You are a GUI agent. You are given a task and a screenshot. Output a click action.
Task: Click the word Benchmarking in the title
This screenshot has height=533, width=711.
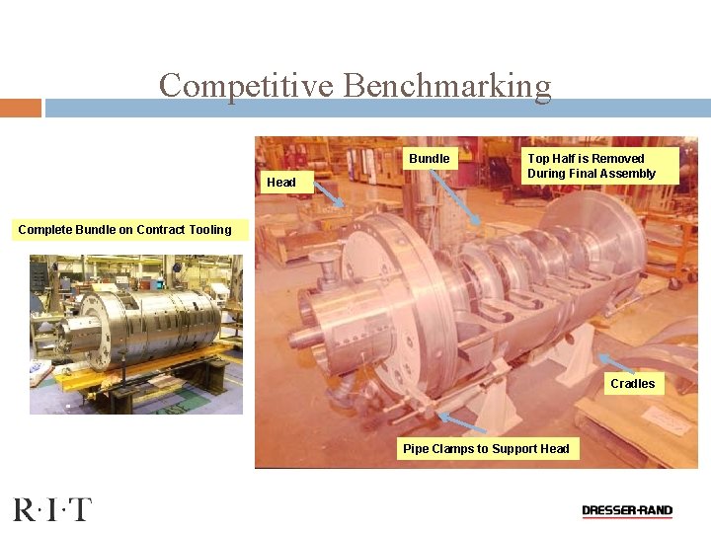pos(447,86)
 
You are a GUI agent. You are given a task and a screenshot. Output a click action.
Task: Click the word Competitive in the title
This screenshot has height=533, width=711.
pos(247,86)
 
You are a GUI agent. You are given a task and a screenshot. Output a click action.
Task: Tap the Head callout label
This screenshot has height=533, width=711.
pos(280,182)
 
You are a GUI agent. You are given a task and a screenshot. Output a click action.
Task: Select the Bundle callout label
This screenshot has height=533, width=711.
pos(429,159)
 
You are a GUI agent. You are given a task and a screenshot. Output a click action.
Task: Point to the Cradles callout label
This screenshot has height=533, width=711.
pos(632,383)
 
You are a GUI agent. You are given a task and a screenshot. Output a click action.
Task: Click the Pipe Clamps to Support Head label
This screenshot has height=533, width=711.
pos(486,449)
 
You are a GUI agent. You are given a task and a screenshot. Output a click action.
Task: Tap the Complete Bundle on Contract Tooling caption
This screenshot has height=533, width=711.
pos(124,230)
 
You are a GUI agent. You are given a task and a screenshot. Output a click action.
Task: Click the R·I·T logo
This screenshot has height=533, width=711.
pos(51,510)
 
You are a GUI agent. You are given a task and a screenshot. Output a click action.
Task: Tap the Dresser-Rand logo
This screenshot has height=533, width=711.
pos(627,511)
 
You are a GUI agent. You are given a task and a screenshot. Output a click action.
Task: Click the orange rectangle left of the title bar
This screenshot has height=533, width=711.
pos(21,108)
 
